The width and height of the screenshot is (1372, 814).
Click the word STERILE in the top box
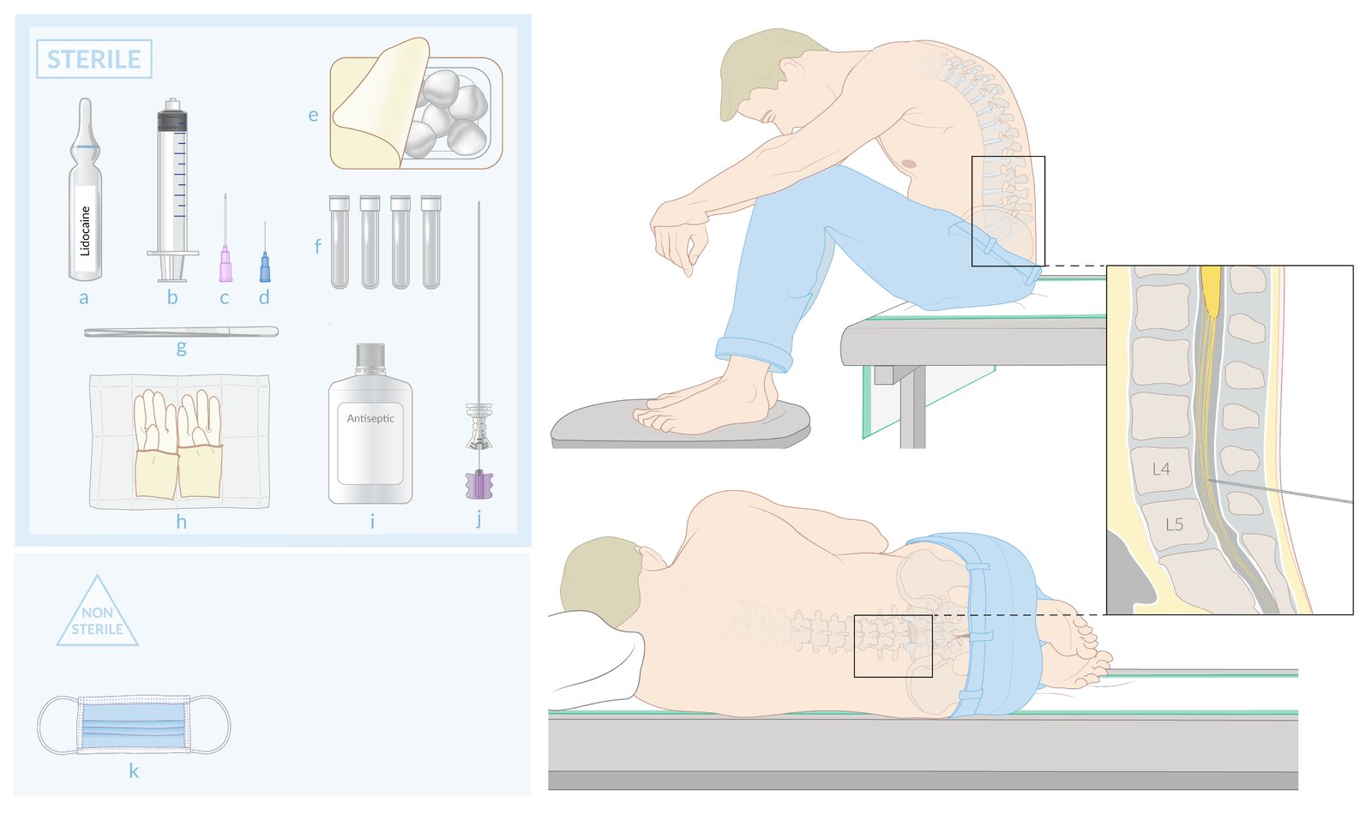point(93,59)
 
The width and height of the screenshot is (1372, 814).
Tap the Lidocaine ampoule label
point(85,229)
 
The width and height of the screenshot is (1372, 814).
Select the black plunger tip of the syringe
point(171,120)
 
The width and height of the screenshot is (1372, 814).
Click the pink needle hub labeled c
point(226,265)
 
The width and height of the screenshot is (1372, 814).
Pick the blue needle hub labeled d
point(265,267)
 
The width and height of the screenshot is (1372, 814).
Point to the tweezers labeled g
point(181,332)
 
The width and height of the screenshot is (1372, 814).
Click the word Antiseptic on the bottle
point(370,419)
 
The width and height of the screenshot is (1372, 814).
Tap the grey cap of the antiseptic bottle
point(370,358)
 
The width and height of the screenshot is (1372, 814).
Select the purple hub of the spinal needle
point(479,484)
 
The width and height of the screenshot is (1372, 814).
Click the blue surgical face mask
point(134,725)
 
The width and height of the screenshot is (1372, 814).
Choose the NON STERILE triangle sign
point(98,611)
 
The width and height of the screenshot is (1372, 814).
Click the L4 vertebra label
point(1161,470)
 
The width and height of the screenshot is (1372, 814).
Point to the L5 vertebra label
point(1174,524)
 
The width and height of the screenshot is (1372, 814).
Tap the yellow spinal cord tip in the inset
point(1211,294)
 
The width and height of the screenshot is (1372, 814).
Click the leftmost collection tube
point(340,242)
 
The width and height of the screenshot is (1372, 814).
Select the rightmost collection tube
point(431,242)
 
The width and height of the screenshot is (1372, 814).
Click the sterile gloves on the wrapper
point(178,444)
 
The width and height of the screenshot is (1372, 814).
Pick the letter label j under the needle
point(479,519)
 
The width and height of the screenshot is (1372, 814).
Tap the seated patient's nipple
point(910,164)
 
